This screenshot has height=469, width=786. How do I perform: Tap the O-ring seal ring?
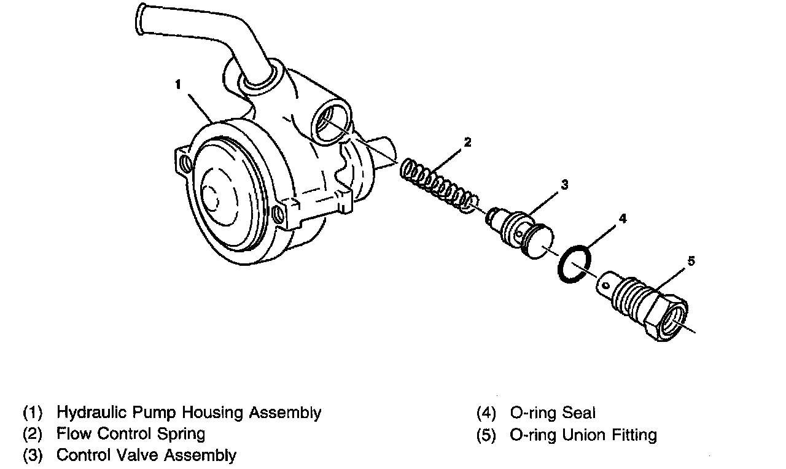[575, 265]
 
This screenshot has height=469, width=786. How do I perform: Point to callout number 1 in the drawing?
[177, 85]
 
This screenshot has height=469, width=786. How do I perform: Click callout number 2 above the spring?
[467, 142]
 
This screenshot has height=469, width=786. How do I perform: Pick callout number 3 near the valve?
[564, 184]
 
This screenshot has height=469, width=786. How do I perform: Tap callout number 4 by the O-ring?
[622, 218]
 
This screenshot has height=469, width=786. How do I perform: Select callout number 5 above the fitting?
[691, 262]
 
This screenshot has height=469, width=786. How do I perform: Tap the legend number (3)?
[33, 455]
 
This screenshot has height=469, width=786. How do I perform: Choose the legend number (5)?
[486, 435]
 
